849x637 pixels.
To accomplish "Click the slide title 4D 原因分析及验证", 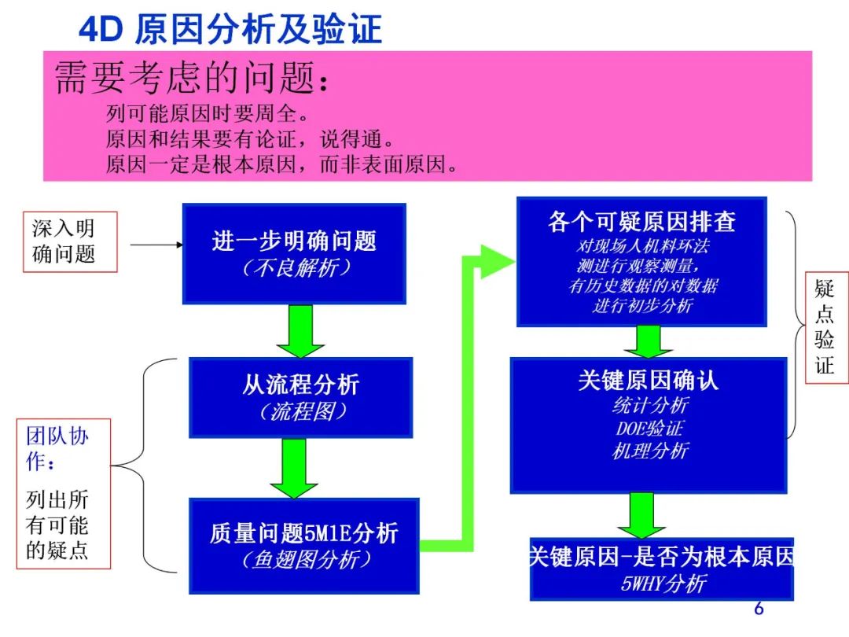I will pyautogui.click(x=230, y=30).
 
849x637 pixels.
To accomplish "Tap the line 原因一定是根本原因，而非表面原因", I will pyautogui.click(x=281, y=165).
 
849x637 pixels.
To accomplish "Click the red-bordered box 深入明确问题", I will pyautogui.click(x=69, y=241).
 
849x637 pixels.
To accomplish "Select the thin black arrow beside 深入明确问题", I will pyautogui.click(x=156, y=245).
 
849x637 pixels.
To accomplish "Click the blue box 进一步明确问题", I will pyautogui.click(x=294, y=253).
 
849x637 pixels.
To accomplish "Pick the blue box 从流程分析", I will pyautogui.click(x=300, y=396).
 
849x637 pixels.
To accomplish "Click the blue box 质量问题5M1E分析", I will pyautogui.click(x=303, y=545).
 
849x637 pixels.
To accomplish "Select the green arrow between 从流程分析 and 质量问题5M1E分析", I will pyautogui.click(x=294, y=468).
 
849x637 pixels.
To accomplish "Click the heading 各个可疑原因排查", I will pyautogui.click(x=641, y=222).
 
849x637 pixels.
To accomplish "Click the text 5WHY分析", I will pyautogui.click(x=663, y=584).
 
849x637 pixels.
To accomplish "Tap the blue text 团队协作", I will pyautogui.click(x=57, y=449).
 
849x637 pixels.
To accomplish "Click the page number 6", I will pyautogui.click(x=758, y=609).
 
